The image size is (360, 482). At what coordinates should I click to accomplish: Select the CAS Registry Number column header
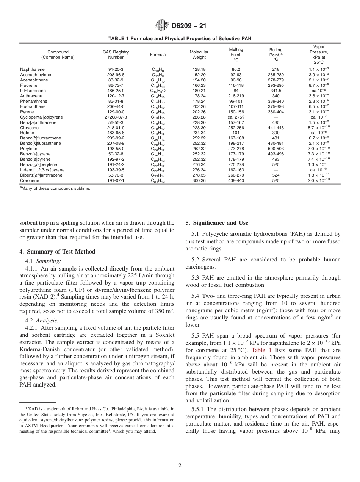(116, 55)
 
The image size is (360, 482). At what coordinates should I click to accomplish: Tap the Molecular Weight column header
(199, 55)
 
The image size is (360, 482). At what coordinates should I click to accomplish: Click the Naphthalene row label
(32, 69)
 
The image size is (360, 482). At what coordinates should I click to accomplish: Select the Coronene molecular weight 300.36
(199, 181)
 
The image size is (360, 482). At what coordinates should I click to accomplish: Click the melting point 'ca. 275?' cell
(236, 117)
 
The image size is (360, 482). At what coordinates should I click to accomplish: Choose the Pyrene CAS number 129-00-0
(116, 112)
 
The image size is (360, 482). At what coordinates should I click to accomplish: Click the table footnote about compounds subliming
(55, 188)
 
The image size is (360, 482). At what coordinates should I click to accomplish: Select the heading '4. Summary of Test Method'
(57, 252)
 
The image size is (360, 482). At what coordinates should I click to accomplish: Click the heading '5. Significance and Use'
(217, 223)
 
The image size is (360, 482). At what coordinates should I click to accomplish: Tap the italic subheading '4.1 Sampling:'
(43, 261)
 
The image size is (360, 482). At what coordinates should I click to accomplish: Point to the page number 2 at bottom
(180, 466)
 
